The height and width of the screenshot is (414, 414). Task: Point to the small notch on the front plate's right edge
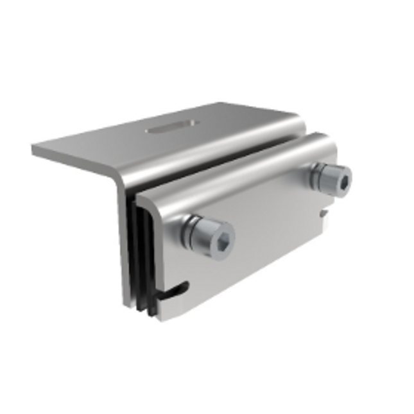click(x=325, y=212)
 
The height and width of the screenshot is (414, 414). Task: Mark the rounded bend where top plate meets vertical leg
click(x=119, y=177)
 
